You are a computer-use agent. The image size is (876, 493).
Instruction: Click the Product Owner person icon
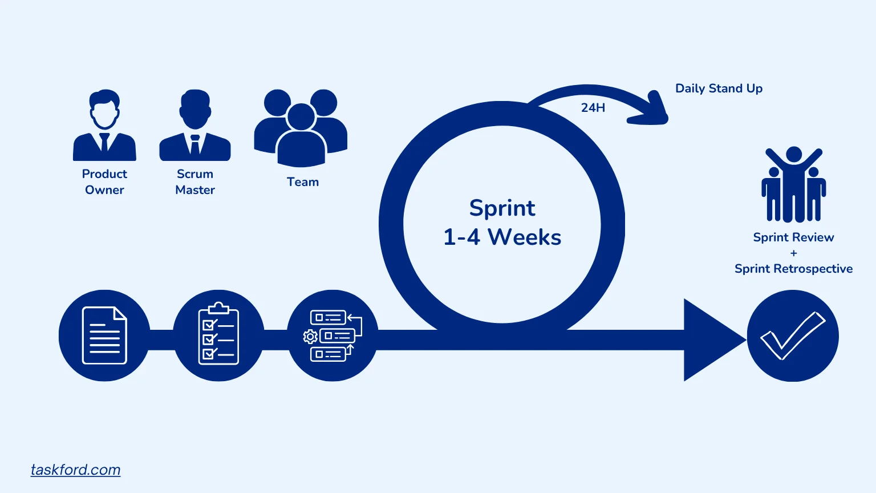coord(104,126)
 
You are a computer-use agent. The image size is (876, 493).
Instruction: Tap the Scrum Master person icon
coord(195,126)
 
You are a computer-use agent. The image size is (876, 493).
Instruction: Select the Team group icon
coord(301,128)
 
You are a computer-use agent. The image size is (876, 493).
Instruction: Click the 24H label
coord(593,107)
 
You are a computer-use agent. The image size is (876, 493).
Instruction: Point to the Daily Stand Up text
coord(719,88)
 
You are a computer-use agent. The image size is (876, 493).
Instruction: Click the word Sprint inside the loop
coord(502,208)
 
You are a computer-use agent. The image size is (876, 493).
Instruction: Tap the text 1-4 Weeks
coord(502,237)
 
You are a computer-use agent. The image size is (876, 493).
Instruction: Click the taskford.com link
coord(75,470)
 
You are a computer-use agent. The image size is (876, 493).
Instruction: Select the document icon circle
coord(104,336)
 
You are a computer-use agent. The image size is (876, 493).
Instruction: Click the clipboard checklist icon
coord(218,335)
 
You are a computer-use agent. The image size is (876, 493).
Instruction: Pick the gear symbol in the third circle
coord(310,337)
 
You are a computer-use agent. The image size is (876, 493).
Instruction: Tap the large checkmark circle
coord(793,336)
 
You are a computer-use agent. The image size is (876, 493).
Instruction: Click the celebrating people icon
coord(793,185)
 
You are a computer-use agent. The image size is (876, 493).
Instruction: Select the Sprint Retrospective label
coord(793,269)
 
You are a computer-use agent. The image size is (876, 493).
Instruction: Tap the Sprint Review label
coord(793,237)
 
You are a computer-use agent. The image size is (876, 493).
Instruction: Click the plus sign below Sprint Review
coord(793,253)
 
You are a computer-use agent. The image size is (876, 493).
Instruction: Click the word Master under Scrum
coord(195,190)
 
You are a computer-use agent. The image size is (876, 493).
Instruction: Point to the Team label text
coord(303,182)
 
